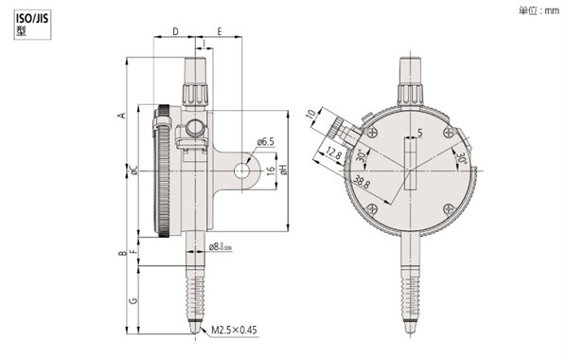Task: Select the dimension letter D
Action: click(x=177, y=32)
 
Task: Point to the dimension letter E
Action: click(x=219, y=32)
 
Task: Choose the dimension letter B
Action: click(x=120, y=254)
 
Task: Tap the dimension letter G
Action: click(x=133, y=300)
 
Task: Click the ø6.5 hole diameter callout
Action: click(x=265, y=142)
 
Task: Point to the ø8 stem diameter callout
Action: click(x=219, y=247)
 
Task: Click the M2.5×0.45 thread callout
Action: click(x=233, y=330)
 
